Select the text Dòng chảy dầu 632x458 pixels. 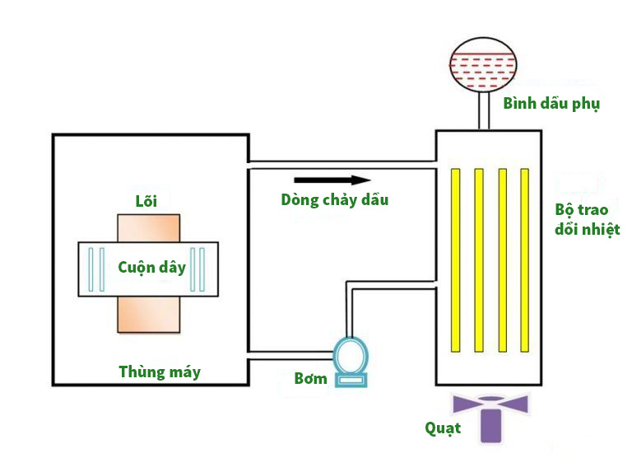[x=334, y=200]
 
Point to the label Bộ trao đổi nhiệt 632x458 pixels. [x=587, y=219]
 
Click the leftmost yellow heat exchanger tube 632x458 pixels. [x=454, y=259]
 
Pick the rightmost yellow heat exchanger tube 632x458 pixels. [x=524, y=259]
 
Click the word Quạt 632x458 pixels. [x=443, y=428]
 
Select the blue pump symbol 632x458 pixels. [x=351, y=361]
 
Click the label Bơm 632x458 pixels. [x=311, y=379]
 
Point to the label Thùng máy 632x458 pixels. [x=160, y=372]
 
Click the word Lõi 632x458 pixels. [x=146, y=201]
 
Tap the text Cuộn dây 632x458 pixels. [x=151, y=268]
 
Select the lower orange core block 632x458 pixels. [x=148, y=313]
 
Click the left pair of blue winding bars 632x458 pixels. [x=96, y=269]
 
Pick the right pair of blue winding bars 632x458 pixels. [x=197, y=269]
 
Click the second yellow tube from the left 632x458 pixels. [x=478, y=259]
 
